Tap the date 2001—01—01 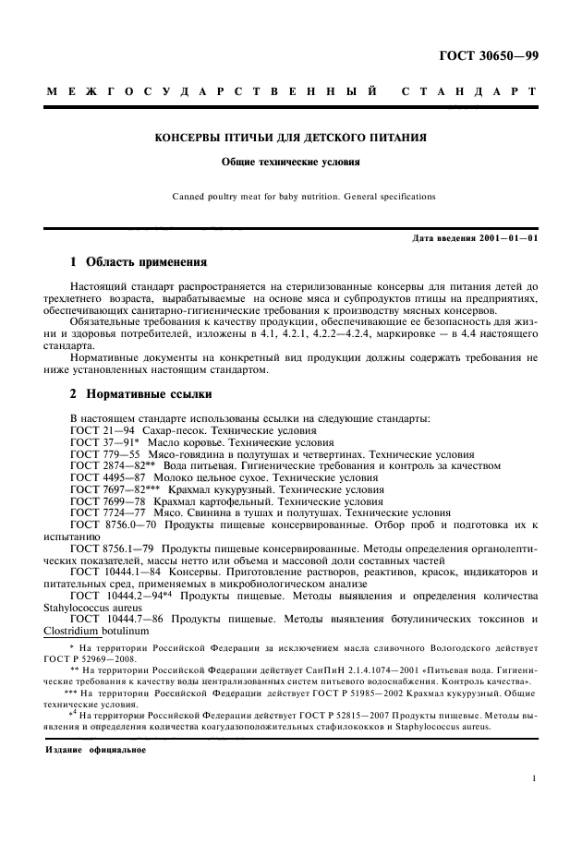(508, 239)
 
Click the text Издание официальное (91, 748)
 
